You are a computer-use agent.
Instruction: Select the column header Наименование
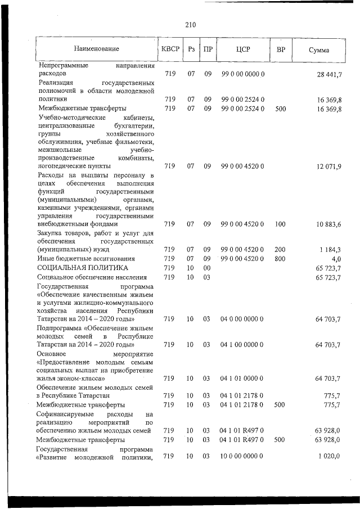click(96, 49)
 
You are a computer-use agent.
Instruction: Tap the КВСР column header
click(170, 49)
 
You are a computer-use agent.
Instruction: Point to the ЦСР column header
click(243, 49)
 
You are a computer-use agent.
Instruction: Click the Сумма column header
click(319, 50)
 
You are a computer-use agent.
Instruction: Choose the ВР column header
click(281, 49)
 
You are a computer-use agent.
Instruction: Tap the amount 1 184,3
click(334, 249)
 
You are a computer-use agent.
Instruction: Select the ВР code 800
click(281, 259)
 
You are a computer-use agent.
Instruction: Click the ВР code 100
click(281, 224)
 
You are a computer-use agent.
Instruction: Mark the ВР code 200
click(281, 249)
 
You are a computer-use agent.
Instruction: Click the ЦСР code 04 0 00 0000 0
click(243, 319)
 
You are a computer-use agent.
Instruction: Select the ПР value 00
click(207, 268)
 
